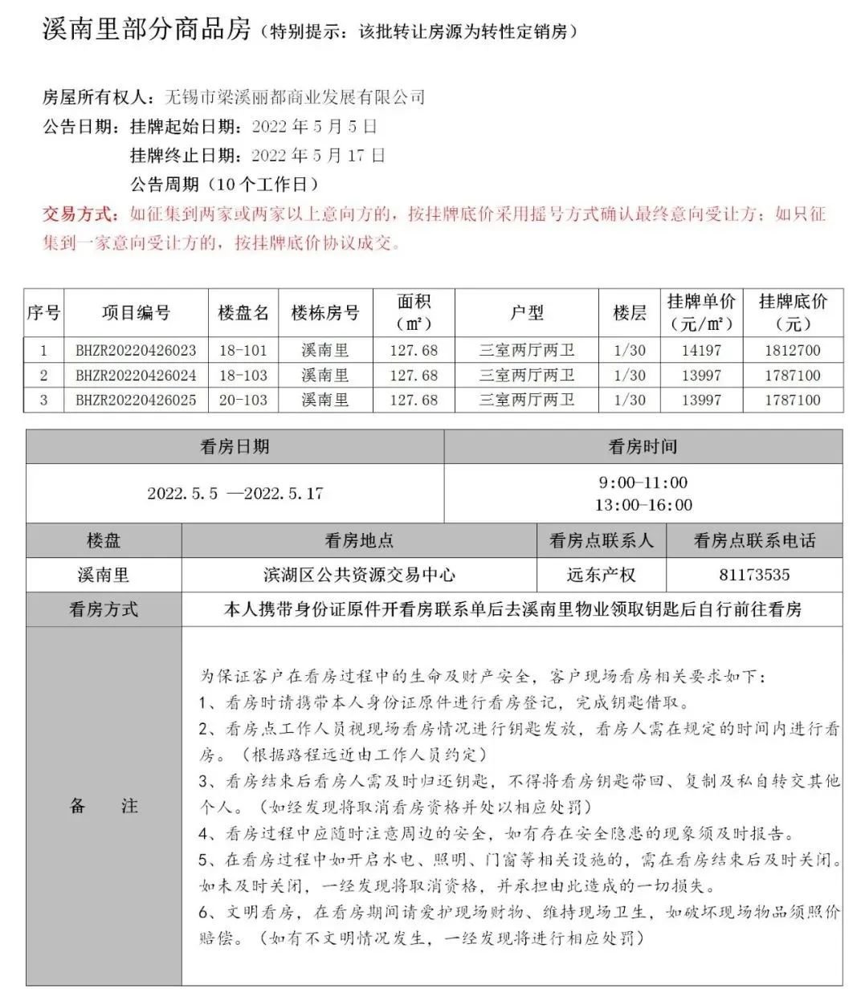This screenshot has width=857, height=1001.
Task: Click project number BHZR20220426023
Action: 136,350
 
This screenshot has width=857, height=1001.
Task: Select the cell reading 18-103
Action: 243,375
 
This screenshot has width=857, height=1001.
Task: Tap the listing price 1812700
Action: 793,350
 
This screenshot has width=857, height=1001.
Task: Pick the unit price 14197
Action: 701,350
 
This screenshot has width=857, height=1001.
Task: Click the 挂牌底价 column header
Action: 793,312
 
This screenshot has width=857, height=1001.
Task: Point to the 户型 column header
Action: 527,312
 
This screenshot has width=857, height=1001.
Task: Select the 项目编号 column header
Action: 136,312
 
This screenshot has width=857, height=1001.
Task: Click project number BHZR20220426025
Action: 136,400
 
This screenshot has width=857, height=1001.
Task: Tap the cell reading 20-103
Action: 243,400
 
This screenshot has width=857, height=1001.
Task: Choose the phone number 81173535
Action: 754,575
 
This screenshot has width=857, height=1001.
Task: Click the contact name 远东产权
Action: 601,575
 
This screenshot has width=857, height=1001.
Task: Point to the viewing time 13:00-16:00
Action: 643,505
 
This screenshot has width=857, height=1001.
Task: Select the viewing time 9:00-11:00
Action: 643,482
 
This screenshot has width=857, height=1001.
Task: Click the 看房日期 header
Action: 235,447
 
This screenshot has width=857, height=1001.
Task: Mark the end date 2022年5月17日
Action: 318,155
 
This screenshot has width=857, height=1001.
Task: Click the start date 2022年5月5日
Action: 314,126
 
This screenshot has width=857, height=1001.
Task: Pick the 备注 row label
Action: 104,806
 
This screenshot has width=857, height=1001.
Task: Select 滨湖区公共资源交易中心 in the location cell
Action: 359,575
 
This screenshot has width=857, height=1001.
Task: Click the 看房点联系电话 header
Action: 754,540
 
